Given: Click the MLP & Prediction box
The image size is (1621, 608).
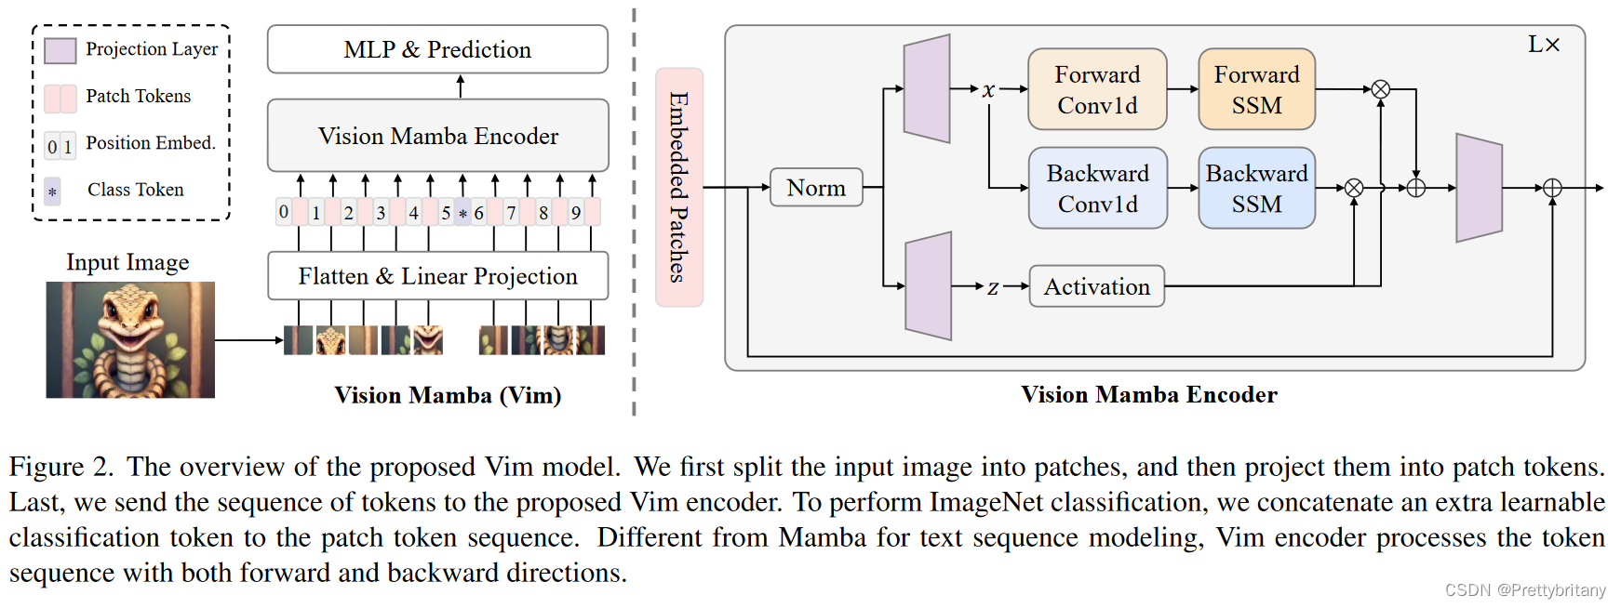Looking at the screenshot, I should point(437,49).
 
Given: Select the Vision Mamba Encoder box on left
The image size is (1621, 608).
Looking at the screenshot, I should point(437,136).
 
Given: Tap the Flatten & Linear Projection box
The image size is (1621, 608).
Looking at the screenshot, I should point(437,276).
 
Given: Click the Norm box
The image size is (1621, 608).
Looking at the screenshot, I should point(816,188).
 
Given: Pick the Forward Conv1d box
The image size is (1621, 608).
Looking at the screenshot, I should point(1097,89).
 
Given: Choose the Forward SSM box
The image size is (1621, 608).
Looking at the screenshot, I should point(1256,89).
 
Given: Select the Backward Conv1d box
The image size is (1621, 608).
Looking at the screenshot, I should point(1097,188).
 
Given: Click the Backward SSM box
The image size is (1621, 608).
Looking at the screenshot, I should point(1256,188).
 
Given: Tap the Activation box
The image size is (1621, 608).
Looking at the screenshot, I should point(1096,286).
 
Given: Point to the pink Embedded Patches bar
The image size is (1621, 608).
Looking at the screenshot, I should point(678,187).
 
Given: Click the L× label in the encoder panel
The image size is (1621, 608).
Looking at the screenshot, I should point(1543,45).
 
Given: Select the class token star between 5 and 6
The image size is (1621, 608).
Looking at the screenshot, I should point(462,213).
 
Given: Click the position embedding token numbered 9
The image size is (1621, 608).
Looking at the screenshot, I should point(576,213).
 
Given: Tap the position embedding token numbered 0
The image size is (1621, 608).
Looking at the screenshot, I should point(284,212).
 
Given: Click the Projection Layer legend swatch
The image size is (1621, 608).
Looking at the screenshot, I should point(60,50).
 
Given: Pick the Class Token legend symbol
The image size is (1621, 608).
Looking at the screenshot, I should point(53,192).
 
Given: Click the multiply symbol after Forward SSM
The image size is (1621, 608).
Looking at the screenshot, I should point(1381,89).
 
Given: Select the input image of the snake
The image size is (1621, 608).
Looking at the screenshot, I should point(130,339).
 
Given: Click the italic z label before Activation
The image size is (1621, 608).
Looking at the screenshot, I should point(993,287).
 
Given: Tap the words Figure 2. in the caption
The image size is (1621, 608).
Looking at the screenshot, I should point(60,467).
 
